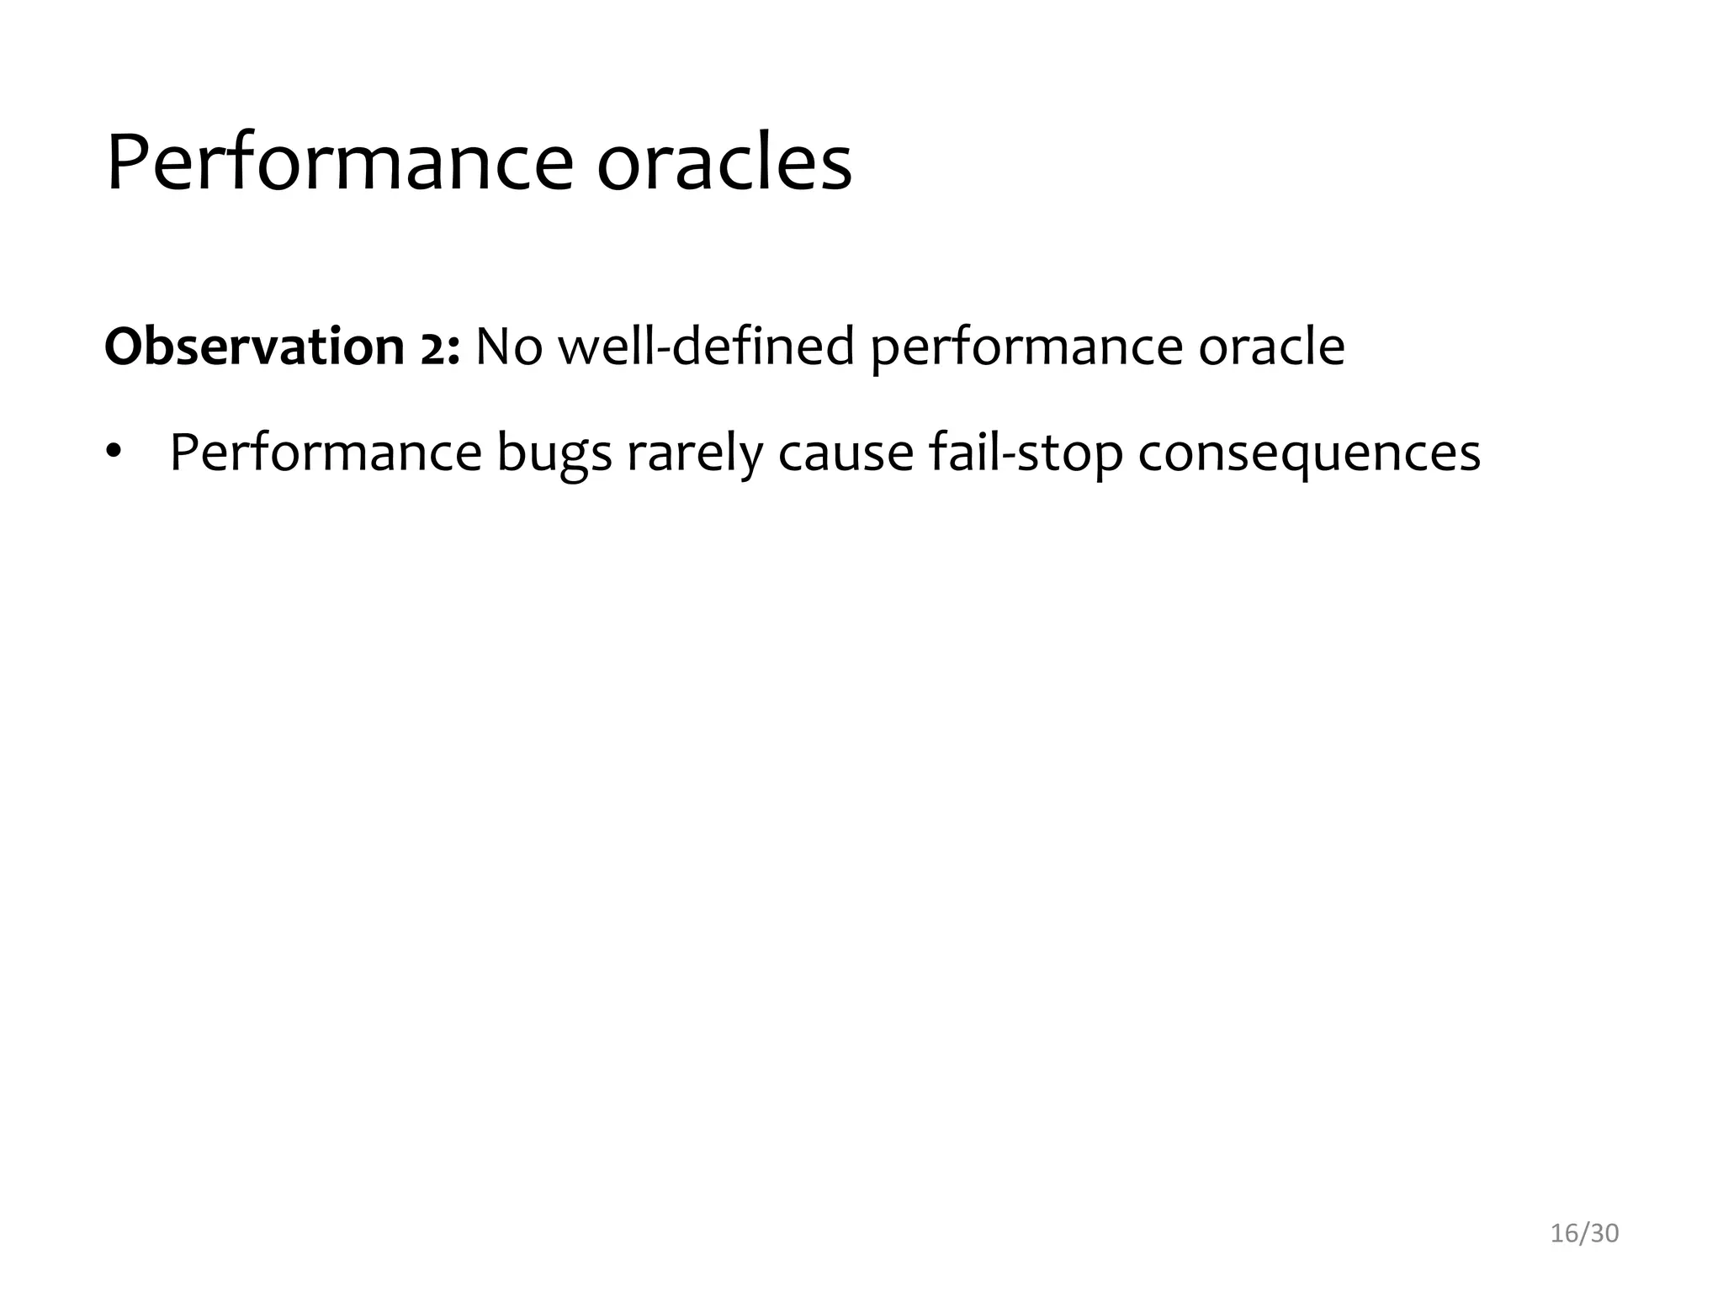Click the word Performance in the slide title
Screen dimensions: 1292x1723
(x=339, y=164)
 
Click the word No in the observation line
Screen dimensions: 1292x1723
(x=508, y=347)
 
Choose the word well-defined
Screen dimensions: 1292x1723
(x=707, y=347)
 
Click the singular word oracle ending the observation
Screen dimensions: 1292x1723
(x=1271, y=347)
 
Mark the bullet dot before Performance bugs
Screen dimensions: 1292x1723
(x=114, y=453)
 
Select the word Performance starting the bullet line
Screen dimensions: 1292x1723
(x=326, y=453)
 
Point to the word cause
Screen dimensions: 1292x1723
(x=846, y=453)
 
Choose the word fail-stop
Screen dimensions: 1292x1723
(x=1026, y=453)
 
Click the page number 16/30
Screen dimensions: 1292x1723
(x=1584, y=1233)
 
